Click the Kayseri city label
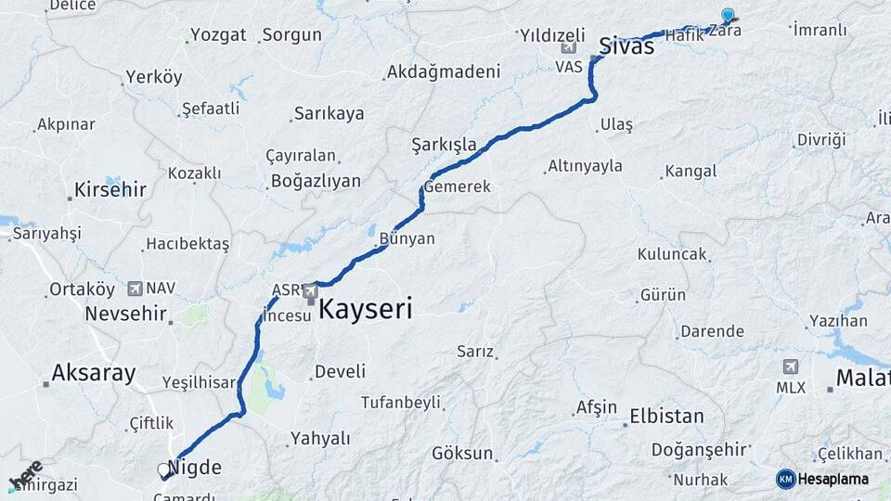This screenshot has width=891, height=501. point(365,309)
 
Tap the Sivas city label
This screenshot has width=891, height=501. point(626,46)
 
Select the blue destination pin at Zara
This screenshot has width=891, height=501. point(728,15)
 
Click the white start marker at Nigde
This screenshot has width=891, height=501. point(164,470)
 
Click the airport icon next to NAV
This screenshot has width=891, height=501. point(136,289)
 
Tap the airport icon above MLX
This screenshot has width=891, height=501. point(790,366)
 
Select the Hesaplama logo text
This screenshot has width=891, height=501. point(833,479)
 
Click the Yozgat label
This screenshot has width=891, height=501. point(218,35)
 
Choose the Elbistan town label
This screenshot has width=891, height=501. point(666,416)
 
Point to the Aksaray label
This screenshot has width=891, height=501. point(94,374)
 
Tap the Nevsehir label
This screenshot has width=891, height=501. point(125,314)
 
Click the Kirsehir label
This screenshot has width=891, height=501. point(110,190)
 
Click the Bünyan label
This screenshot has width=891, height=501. point(407,238)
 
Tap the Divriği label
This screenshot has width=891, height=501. point(821,140)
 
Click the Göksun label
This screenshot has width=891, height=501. point(462,453)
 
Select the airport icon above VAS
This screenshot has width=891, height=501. point(568,48)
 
